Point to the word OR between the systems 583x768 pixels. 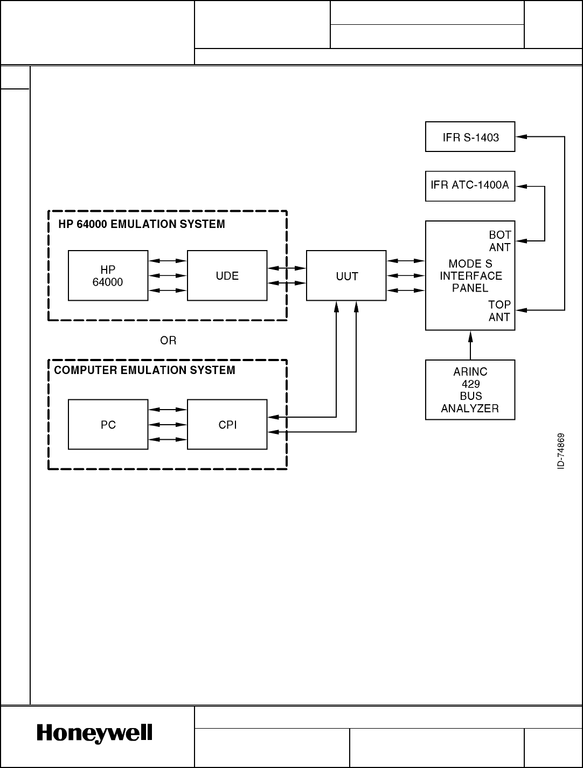pos(168,341)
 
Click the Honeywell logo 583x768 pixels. pos(94,734)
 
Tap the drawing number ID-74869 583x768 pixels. pos(560,451)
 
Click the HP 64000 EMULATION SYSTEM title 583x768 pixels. pos(142,224)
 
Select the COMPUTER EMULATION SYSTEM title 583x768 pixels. pos(144,370)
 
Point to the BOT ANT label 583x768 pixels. pos(500,241)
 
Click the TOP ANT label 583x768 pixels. pos(499,310)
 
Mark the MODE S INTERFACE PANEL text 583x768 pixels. pos(471,276)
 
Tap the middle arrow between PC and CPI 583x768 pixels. pos(168,424)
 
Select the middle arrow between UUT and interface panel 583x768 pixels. pos(406,275)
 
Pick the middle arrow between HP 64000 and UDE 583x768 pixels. pos(168,275)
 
